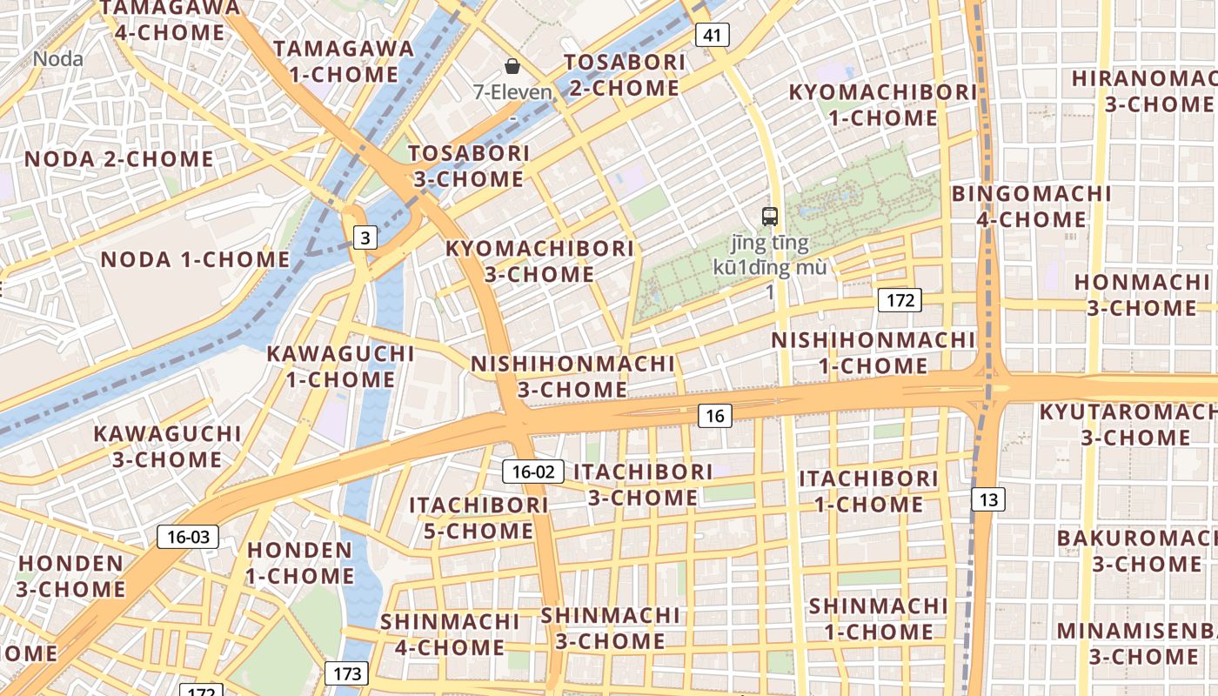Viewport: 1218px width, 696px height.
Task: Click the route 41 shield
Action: [712, 35]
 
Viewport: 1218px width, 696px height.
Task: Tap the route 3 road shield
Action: [365, 237]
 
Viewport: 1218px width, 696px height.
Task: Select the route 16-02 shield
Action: [533, 472]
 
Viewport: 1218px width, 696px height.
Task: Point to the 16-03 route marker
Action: [188, 537]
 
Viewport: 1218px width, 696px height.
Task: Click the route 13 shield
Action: [987, 499]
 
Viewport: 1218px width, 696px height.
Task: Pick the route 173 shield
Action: [346, 673]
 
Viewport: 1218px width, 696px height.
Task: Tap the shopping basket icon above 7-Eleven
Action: [512, 66]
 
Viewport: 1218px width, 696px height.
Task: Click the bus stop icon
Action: [769, 216]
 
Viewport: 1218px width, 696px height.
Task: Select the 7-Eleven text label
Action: [512, 91]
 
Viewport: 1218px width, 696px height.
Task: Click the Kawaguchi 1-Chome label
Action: [340, 366]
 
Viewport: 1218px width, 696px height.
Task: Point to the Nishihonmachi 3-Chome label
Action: [572, 376]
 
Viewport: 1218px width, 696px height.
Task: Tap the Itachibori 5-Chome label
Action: [478, 518]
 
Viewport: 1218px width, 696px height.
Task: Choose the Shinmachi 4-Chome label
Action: [450, 634]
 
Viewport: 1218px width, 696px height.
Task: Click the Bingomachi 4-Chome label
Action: [1031, 206]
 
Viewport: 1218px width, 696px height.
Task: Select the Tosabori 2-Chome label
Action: [624, 75]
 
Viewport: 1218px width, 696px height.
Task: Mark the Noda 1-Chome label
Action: [195, 259]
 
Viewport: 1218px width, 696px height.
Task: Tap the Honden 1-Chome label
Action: [300, 563]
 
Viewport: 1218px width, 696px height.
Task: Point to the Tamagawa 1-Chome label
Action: [344, 61]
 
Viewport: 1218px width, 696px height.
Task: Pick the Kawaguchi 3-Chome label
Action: [167, 446]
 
